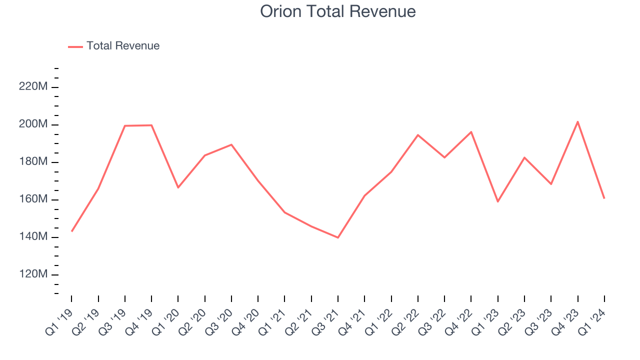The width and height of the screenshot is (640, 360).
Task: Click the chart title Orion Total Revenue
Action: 338,11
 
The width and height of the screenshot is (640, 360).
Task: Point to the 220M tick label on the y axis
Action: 33,87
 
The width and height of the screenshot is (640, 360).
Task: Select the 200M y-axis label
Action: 33,124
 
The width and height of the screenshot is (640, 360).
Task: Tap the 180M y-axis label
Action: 33,162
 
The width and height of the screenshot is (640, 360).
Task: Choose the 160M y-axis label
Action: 33,199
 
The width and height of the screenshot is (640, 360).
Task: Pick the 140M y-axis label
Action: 33,237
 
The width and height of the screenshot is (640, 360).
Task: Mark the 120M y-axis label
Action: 33,274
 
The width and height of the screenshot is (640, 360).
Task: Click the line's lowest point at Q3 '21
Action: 338,237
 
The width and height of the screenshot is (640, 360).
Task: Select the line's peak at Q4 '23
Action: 577,121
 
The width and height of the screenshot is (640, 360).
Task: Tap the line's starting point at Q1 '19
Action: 71,231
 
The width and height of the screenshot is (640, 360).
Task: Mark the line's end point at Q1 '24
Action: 604,198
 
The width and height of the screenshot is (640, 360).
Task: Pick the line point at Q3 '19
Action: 125,126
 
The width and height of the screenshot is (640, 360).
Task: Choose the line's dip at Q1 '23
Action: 498,201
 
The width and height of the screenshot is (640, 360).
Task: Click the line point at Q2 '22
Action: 418,135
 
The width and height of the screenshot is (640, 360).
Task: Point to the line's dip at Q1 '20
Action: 178,187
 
